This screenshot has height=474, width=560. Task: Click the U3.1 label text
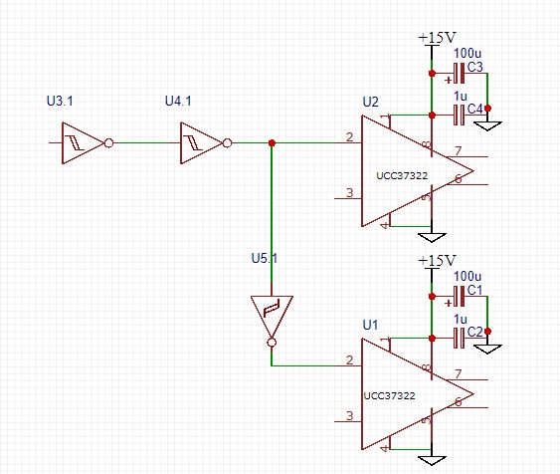tap(60, 101)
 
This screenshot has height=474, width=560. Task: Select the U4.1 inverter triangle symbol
tap(201, 143)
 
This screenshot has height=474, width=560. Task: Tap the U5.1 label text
tap(265, 258)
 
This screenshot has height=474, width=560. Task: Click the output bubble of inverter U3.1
tap(109, 143)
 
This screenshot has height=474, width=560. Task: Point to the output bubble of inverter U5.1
tap(272, 343)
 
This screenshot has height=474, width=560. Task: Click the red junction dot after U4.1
tap(272, 143)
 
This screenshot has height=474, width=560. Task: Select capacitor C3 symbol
tap(459, 74)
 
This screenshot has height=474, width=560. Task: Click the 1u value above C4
tap(461, 97)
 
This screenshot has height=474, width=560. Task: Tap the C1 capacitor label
tap(475, 290)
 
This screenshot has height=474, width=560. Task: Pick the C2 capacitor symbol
tap(459, 338)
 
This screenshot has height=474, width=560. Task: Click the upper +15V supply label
tap(437, 37)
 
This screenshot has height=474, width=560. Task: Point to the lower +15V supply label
tap(437, 260)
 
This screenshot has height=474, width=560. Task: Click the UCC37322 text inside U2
tap(402, 176)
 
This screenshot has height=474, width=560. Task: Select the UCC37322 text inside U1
tap(389, 395)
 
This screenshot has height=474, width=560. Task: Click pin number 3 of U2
tap(350, 192)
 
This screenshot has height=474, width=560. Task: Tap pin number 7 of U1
tap(459, 373)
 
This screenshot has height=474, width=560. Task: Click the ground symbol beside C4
tap(487, 125)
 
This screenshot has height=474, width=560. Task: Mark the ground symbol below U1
tap(432, 460)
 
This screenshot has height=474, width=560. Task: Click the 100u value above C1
tap(467, 276)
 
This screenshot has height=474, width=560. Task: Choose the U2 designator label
tap(370, 102)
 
